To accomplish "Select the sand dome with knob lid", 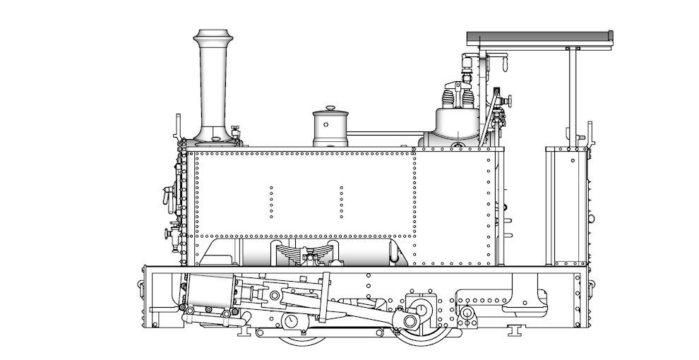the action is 330,128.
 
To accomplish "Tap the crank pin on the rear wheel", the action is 410,321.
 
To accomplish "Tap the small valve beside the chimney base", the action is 235,131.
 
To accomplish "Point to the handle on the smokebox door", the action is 168,194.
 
